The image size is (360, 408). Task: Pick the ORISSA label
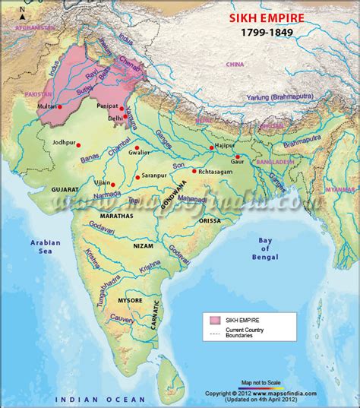[x=210, y=220]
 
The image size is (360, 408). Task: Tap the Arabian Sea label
[x=45, y=248]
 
